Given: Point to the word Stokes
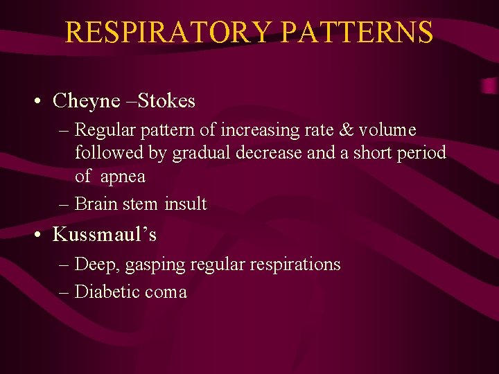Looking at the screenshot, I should pyautogui.click(x=166, y=101).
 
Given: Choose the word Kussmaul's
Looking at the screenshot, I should pyautogui.click(x=105, y=235).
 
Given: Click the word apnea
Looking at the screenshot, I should pyautogui.click(x=123, y=177).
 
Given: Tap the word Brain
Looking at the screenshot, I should pyautogui.click(x=97, y=204).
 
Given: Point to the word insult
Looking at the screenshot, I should pyautogui.click(x=186, y=204).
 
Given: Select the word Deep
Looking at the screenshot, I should pyautogui.click(x=94, y=265).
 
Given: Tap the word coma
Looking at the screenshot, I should pyautogui.click(x=166, y=292).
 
